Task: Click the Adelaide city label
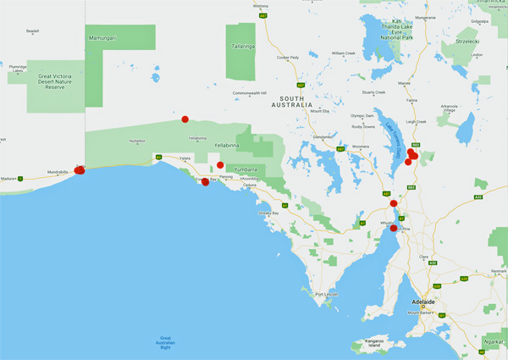click(x=422, y=302)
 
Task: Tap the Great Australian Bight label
click(x=170, y=342)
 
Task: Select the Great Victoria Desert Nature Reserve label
click(x=56, y=80)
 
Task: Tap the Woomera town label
click(x=361, y=147)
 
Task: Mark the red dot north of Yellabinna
click(x=185, y=119)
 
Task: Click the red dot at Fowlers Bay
click(x=205, y=182)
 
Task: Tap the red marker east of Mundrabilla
click(x=80, y=170)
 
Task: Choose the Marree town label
click(x=404, y=83)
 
